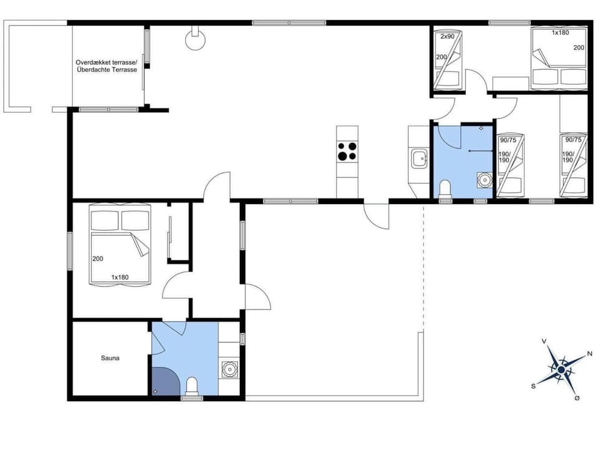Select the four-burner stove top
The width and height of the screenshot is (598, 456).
tap(347, 152)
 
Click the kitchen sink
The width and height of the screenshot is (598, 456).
tap(419, 158)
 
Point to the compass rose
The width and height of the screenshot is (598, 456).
tap(561, 370)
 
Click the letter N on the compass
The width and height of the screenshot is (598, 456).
tap(589, 354)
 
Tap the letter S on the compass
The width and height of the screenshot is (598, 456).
tap(533, 386)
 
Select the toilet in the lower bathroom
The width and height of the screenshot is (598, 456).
tap(192, 387)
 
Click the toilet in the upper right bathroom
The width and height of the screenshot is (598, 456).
tap(445, 188)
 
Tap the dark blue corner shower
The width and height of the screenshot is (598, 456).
tap(163, 381)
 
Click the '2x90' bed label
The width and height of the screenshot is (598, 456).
tap(447, 37)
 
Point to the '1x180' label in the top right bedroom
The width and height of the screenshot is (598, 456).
tap(560, 32)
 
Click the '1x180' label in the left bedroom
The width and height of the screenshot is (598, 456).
tap(120, 276)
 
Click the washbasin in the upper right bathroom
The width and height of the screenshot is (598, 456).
tap(484, 180)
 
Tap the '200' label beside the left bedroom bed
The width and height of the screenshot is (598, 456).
tap(97, 259)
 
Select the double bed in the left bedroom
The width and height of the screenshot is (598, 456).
tap(121, 246)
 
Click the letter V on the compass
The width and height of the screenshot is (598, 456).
tap(544, 341)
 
